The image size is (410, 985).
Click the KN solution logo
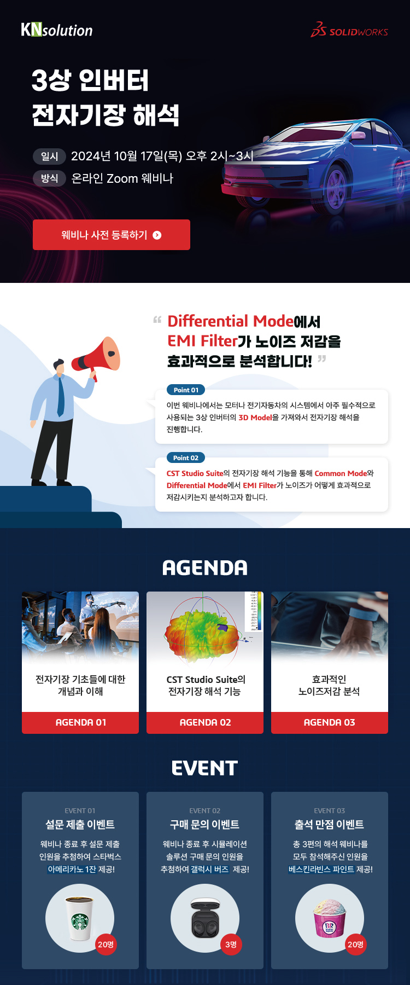click(x=57, y=30)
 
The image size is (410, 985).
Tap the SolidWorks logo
click(x=349, y=30)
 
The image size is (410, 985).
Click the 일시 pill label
click(x=49, y=157)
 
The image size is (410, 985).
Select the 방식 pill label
click(x=49, y=178)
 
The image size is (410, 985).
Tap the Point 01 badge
click(x=186, y=390)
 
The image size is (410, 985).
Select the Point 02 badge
click(x=186, y=458)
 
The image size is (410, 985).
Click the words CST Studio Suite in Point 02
click(x=195, y=473)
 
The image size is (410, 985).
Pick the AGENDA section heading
click(x=205, y=568)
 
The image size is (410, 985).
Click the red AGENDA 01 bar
click(x=80, y=723)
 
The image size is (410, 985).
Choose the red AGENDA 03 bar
click(x=330, y=723)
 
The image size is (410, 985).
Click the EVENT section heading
click(x=205, y=768)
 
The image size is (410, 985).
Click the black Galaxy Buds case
click(x=205, y=918)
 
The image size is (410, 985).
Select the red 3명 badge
click(x=231, y=945)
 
